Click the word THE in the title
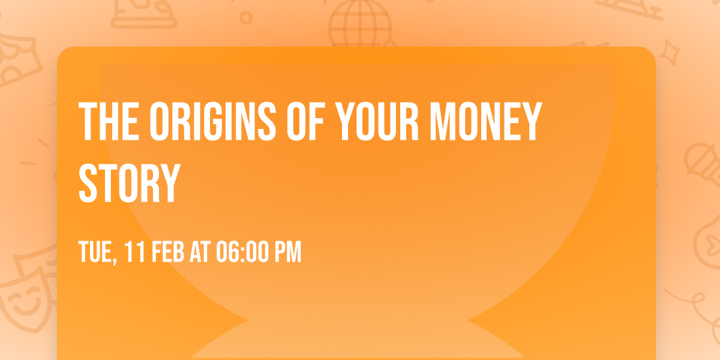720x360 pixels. pyautogui.click(x=109, y=122)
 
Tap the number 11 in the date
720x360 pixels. pyautogui.click(x=134, y=253)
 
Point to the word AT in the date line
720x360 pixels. pyautogui.click(x=199, y=253)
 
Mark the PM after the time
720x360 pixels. pyautogui.click(x=287, y=253)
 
